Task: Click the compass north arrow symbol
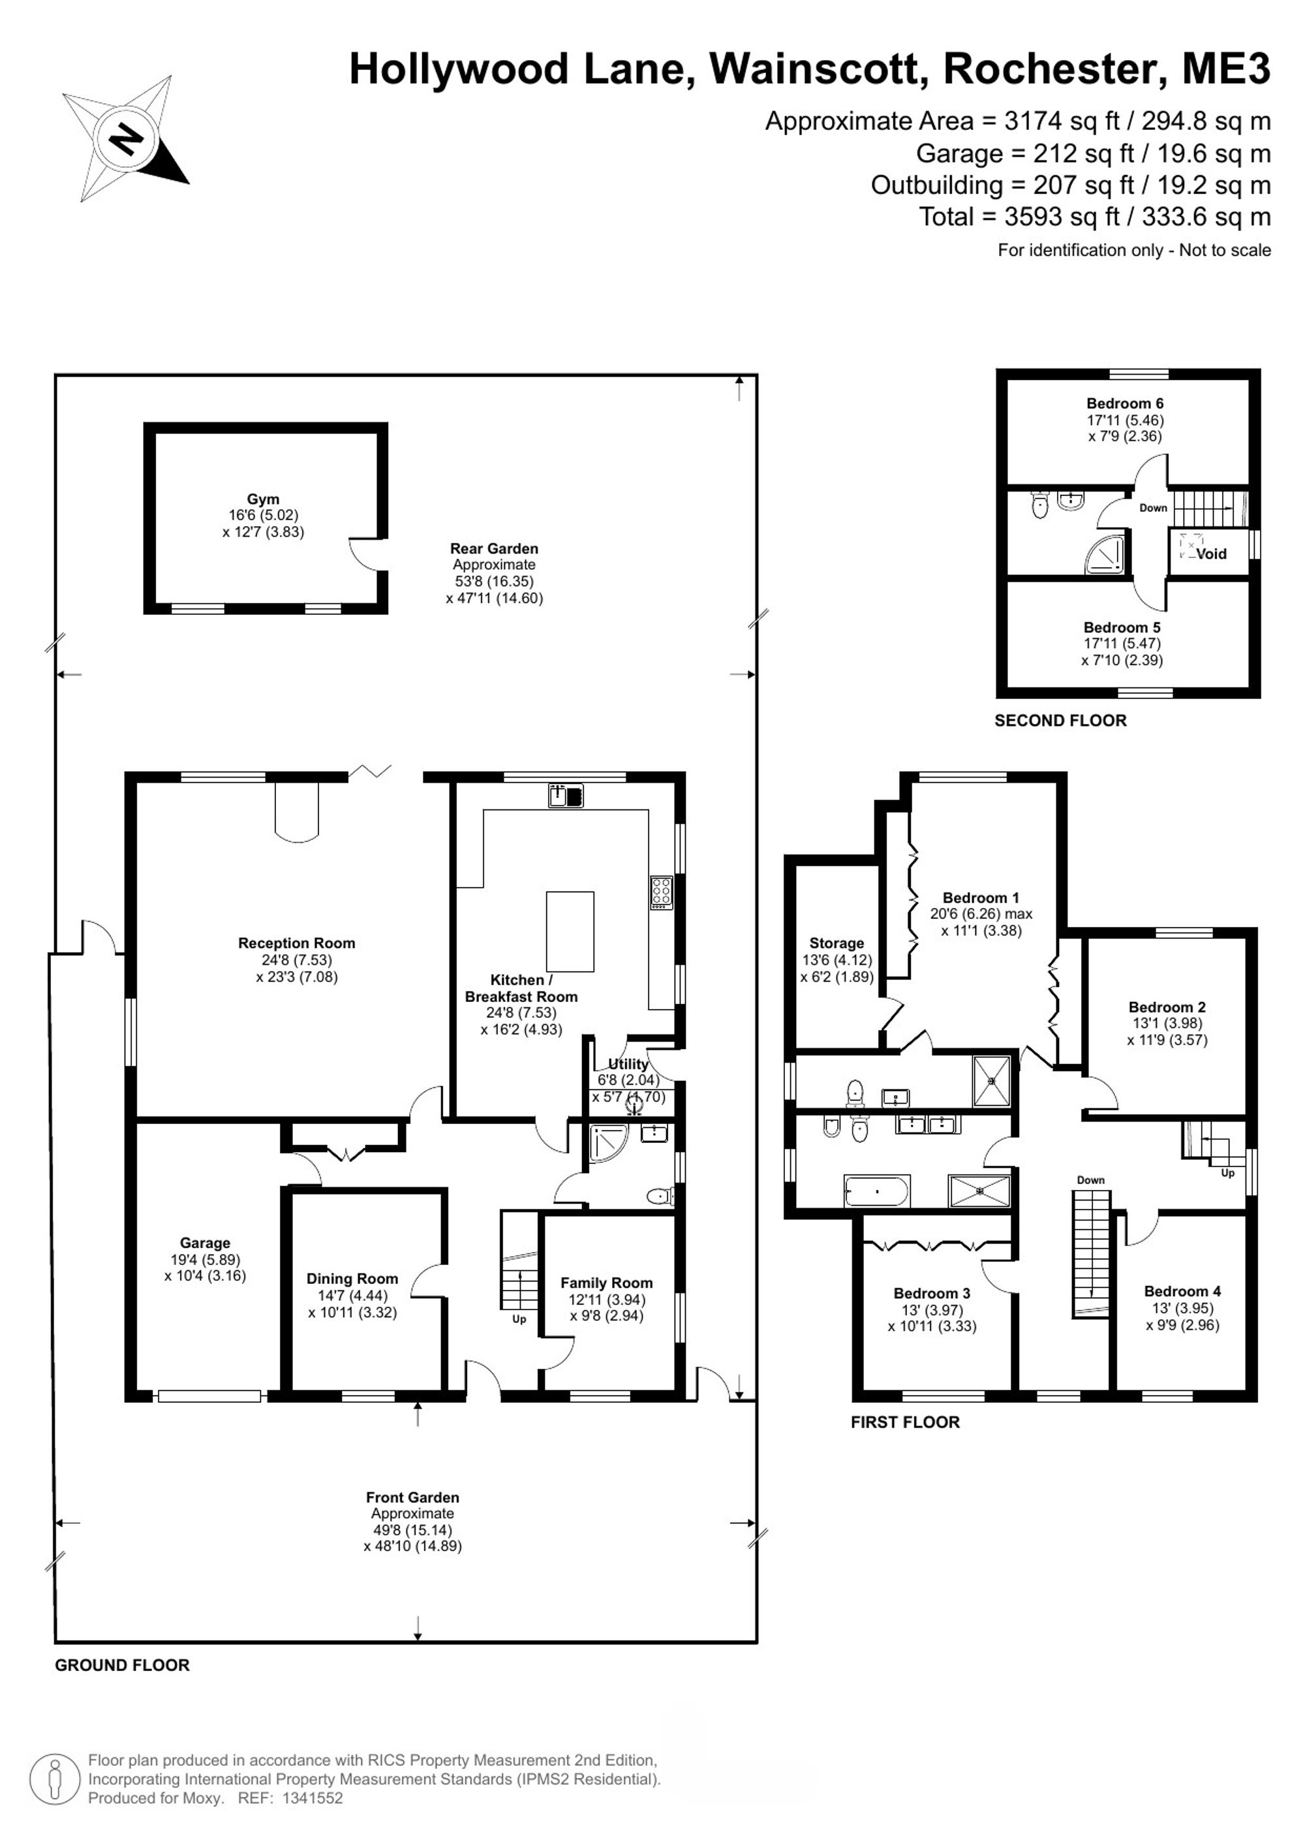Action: (125, 138)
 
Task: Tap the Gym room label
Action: (264, 499)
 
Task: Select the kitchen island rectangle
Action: (570, 931)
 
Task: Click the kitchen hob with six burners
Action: (662, 892)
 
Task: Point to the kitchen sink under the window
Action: (566, 796)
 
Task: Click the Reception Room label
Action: (296, 943)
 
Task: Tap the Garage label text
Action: (205, 1243)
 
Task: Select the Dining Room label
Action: (352, 1278)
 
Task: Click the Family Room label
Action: (607, 1283)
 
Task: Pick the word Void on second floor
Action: (1211, 554)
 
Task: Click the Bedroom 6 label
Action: (1125, 403)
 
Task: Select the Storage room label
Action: (837, 943)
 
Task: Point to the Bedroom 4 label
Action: (1183, 1291)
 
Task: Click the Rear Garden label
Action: (494, 548)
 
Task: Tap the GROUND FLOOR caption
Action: (122, 1665)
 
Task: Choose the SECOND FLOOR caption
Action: (1061, 721)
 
